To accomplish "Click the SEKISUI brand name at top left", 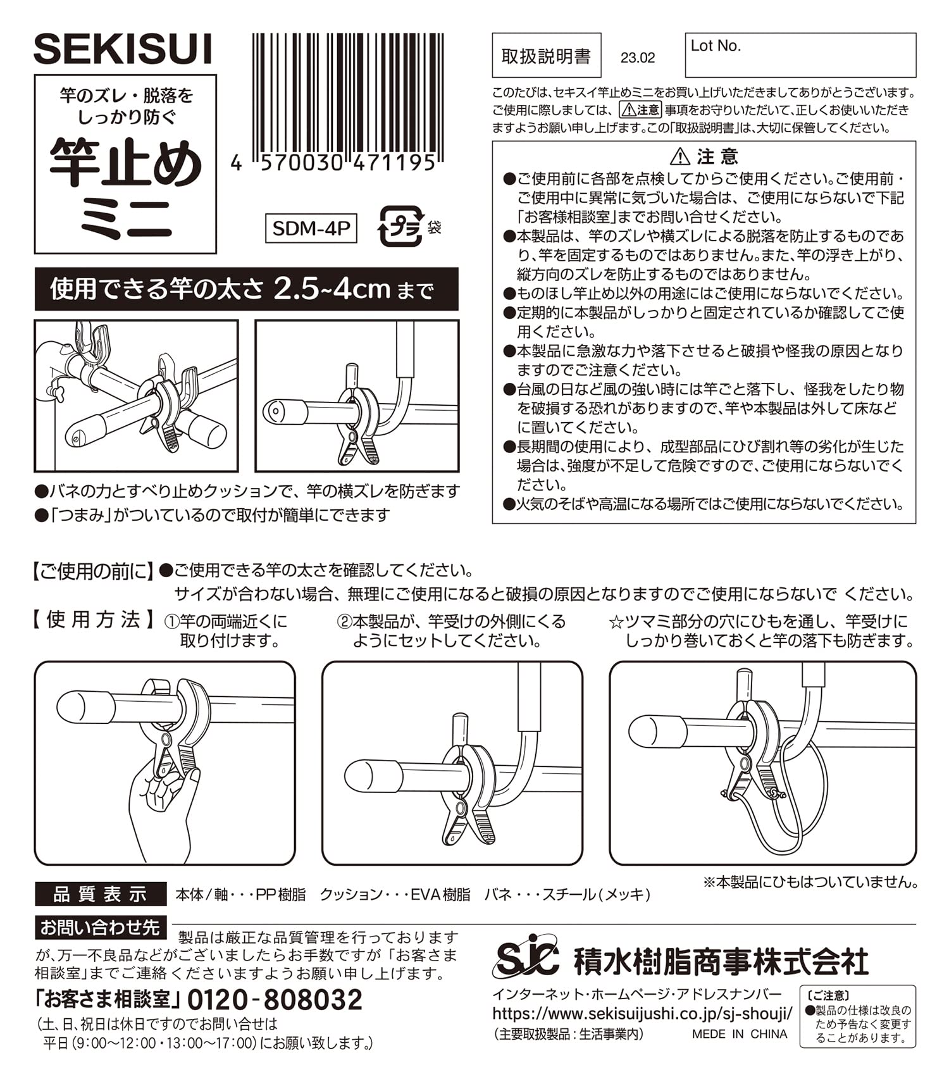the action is point(122,49).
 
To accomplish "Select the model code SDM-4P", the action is point(311,228).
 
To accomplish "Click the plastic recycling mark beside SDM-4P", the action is point(400,226).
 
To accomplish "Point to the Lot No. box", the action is point(800,55).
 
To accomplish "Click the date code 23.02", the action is point(638,58).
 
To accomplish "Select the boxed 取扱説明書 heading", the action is point(547,56).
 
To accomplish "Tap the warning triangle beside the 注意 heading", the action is point(680,156).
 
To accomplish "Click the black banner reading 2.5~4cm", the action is point(246,289).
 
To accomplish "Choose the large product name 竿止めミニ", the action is point(126,189).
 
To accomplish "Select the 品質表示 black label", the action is point(101,894).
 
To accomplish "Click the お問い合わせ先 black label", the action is point(101,928).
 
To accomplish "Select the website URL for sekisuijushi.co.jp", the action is point(642,1013).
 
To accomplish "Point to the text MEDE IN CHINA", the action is point(740,1034).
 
